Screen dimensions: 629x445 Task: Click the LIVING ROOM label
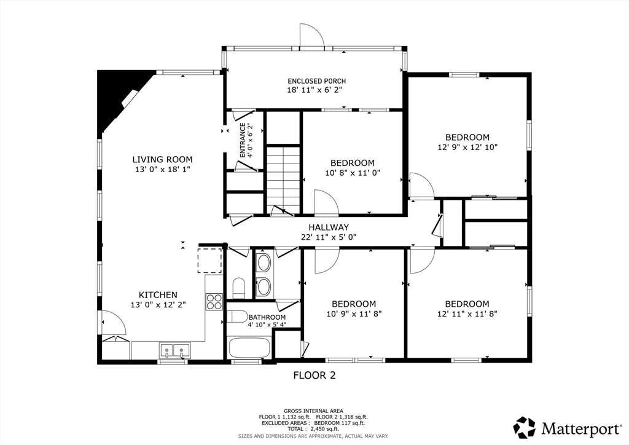pos(162,160)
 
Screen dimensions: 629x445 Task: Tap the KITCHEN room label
pos(158,295)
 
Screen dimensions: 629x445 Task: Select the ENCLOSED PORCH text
pos(316,81)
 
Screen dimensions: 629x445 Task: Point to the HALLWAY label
pos(329,227)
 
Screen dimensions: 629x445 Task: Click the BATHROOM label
pos(267,317)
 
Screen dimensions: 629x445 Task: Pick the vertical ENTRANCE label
pos(243,140)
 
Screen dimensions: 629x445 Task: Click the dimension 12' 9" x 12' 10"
pos(467,148)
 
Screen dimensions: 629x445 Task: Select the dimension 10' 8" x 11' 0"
pos(353,173)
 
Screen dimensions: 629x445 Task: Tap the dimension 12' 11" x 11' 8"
pos(467,314)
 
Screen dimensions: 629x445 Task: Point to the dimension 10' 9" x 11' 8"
pos(354,314)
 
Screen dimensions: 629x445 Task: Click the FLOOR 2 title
pos(314,376)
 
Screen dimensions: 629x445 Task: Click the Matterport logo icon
pos(525,428)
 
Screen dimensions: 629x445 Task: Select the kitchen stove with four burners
pos(214,302)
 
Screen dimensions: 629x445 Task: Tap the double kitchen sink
pos(175,350)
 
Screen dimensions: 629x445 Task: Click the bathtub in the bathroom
pos(249,348)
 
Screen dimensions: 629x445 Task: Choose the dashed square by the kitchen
pos(210,261)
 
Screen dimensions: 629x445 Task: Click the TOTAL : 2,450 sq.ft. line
pos(313,429)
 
